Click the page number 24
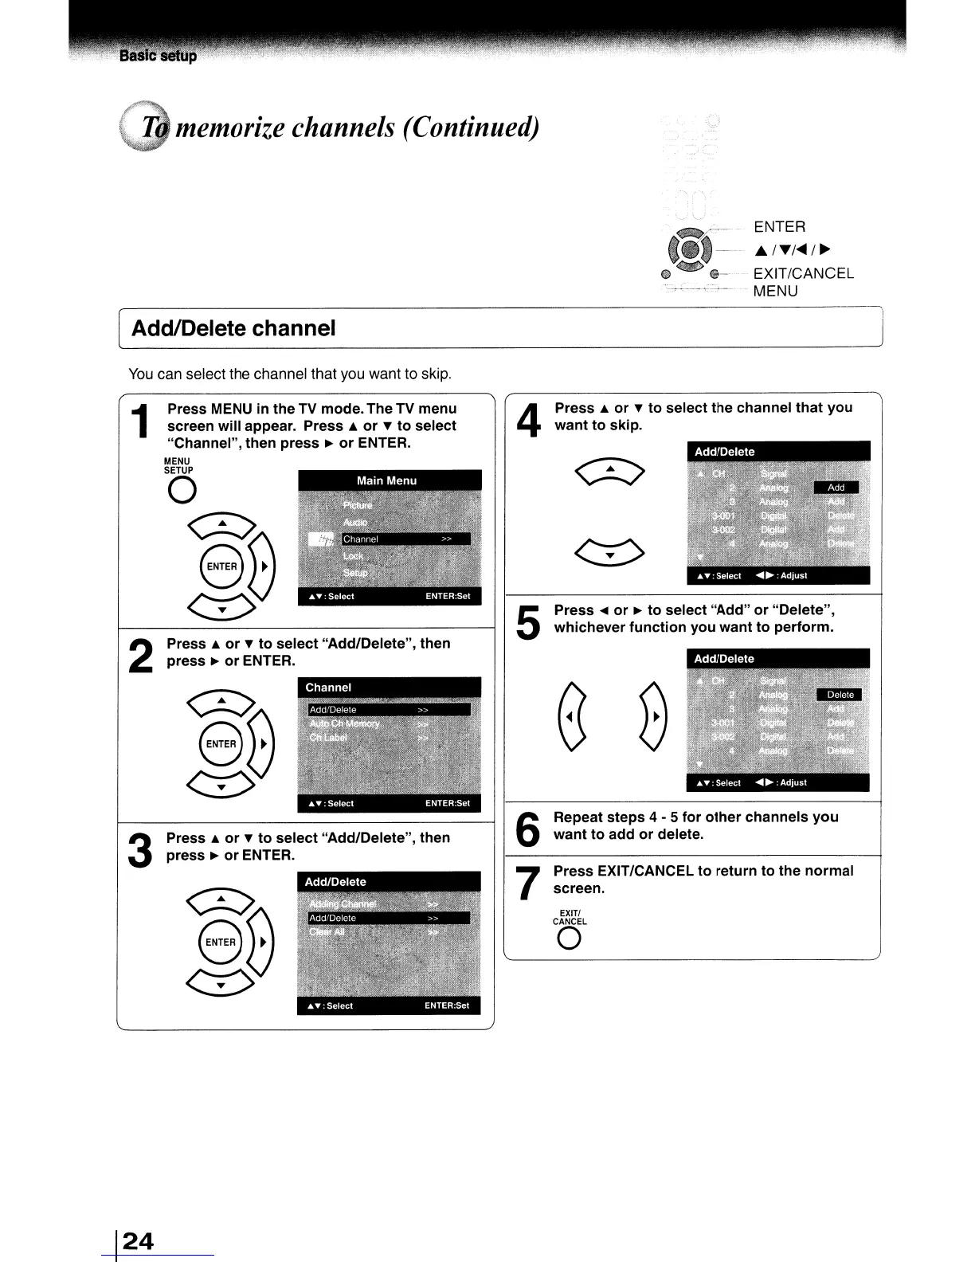(139, 1240)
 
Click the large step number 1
(140, 422)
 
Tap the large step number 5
(527, 623)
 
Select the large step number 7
(526, 883)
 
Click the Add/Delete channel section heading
(233, 328)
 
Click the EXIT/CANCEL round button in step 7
(570, 940)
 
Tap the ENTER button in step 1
(222, 566)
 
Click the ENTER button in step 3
(221, 942)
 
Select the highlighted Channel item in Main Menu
(405, 539)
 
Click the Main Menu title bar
(389, 480)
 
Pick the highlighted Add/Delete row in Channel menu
(389, 709)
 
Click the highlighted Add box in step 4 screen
(836, 488)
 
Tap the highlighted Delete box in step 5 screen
(840, 695)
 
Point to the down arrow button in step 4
(609, 551)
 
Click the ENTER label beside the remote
(779, 227)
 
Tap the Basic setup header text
(158, 57)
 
